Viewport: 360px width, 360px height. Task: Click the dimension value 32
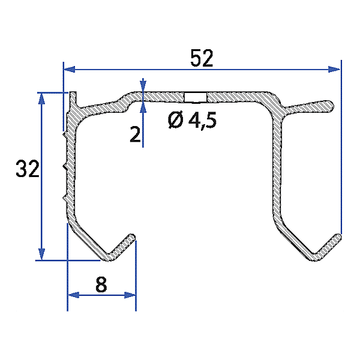click(28, 170)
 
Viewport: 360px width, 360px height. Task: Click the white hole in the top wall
click(195, 97)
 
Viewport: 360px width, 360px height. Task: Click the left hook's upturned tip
click(131, 237)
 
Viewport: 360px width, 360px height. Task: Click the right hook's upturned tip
click(337, 237)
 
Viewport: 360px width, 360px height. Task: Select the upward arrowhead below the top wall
click(143, 107)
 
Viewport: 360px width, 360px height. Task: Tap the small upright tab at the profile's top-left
click(72, 100)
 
